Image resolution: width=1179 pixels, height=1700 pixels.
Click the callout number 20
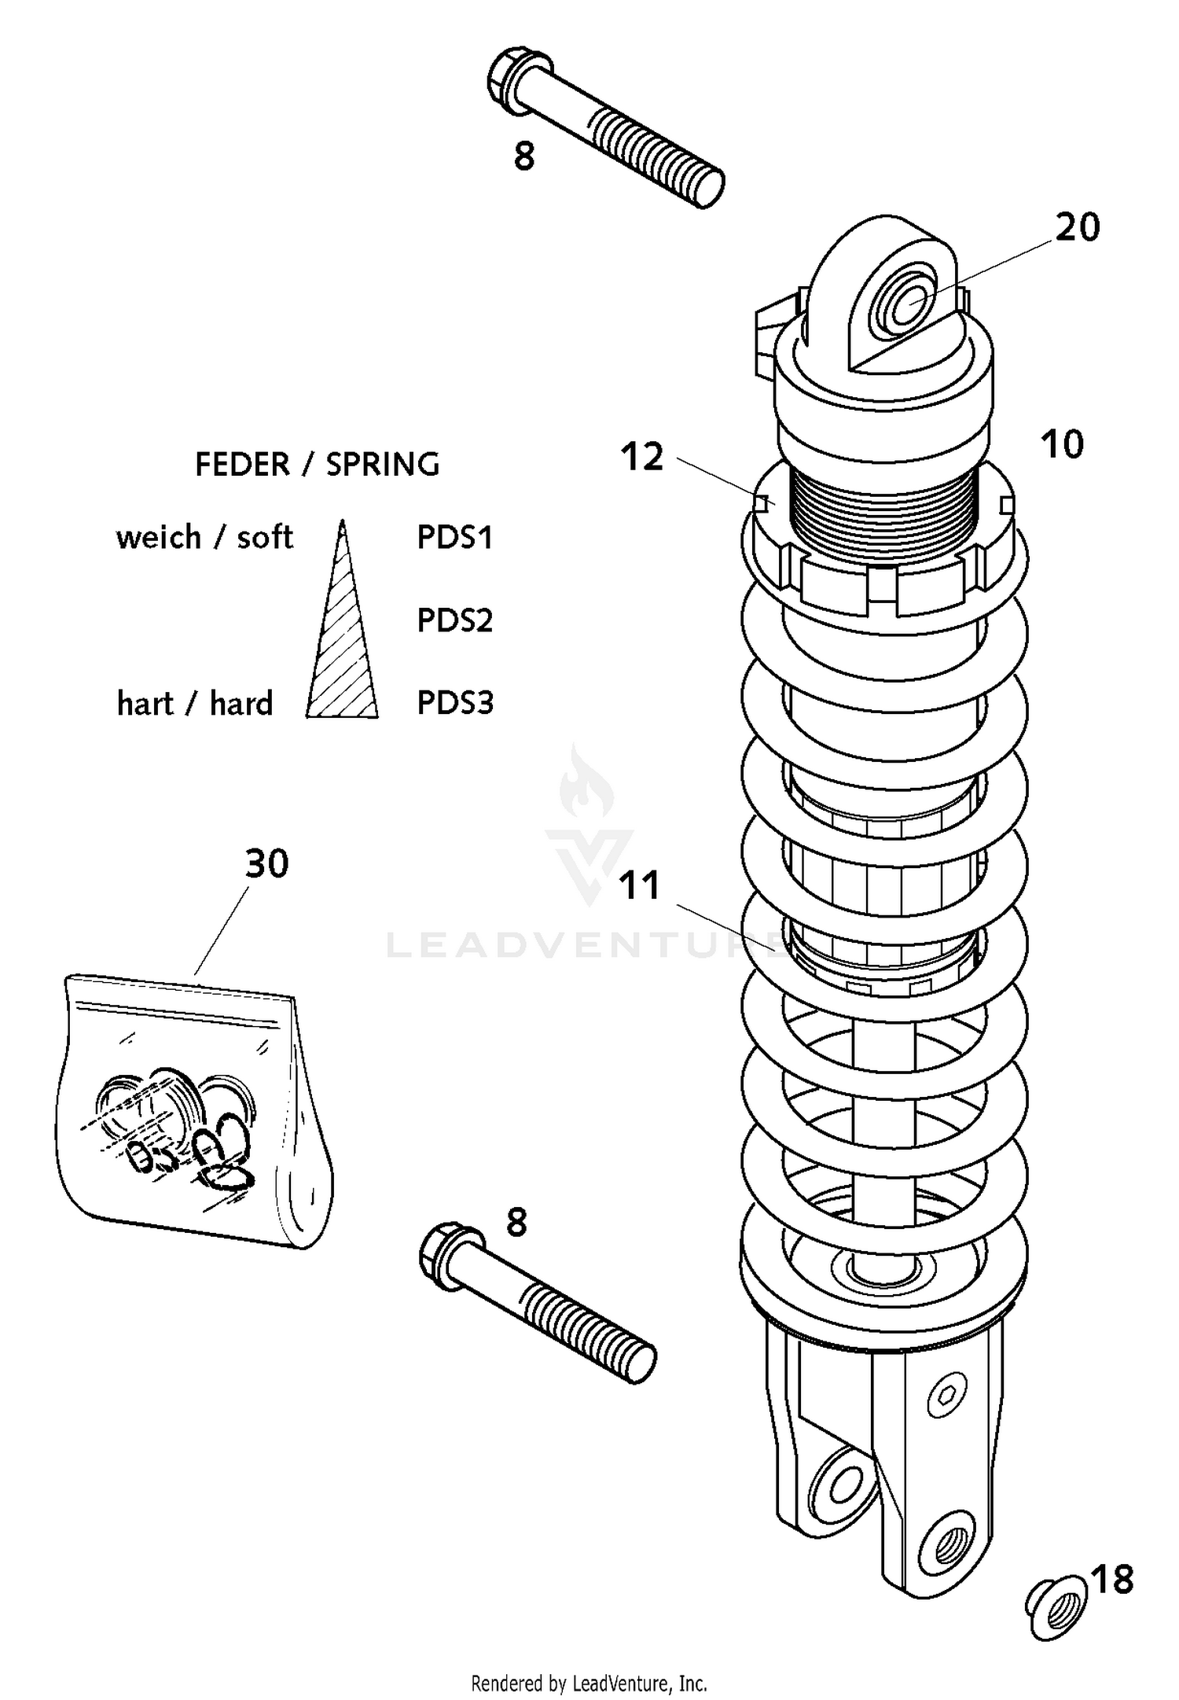click(1077, 228)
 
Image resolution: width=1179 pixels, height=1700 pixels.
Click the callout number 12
click(642, 457)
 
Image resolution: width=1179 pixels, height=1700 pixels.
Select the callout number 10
click(1062, 445)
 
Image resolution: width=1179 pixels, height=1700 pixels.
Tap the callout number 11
click(639, 885)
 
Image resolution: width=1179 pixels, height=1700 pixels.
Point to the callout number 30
click(267, 864)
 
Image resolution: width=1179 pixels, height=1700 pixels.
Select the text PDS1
click(454, 538)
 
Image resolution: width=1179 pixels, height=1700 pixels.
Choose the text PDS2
click(454, 620)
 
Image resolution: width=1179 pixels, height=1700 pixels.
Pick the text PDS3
click(454, 703)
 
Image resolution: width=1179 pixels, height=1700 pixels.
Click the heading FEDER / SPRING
click(317, 465)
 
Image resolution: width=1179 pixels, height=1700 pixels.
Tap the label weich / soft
click(204, 538)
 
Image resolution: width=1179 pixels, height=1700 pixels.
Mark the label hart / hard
click(194, 704)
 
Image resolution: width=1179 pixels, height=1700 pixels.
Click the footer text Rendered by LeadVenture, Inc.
click(589, 1683)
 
